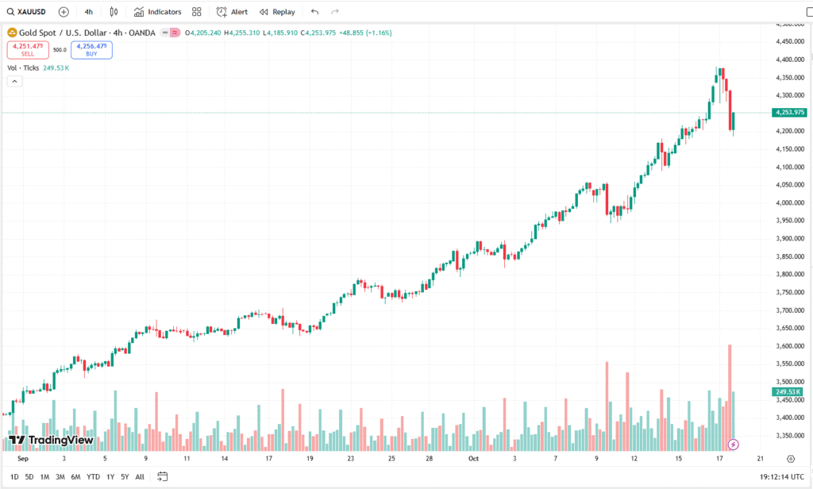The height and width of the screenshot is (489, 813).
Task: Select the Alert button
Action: [233, 12]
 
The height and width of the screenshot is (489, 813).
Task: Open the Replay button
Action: [277, 12]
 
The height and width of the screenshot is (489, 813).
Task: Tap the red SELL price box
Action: [28, 49]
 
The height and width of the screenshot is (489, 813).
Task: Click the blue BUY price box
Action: [91, 49]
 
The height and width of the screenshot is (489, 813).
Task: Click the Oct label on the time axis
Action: [473, 458]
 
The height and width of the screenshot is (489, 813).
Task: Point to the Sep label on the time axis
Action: [22, 458]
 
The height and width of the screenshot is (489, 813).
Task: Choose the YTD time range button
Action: [93, 477]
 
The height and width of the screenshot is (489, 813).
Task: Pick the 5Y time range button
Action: [125, 477]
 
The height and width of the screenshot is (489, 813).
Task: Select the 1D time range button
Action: [15, 477]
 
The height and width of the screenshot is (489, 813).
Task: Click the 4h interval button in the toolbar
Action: [88, 12]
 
